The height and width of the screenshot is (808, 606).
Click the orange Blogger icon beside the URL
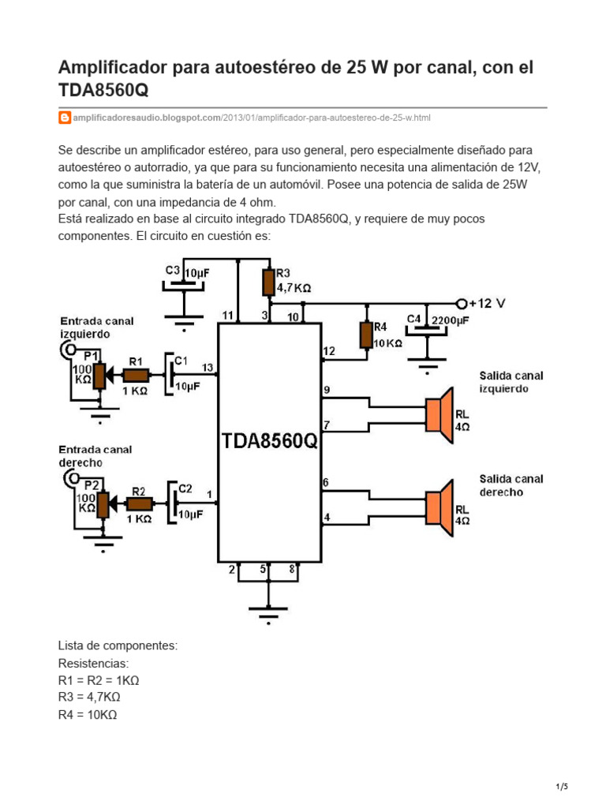point(65,118)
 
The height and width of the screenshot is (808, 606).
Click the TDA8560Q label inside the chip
point(269,440)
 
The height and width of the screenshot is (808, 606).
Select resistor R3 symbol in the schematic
point(269,281)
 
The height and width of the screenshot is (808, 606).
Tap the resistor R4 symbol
point(365,335)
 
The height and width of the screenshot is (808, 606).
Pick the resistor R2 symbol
point(139,503)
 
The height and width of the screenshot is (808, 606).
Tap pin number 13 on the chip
point(208,367)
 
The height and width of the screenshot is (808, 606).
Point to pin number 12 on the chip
point(329,350)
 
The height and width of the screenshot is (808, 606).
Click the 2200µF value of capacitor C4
point(449,320)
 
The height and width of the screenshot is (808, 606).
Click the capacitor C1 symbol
point(170,374)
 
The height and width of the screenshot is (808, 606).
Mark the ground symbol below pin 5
point(268,612)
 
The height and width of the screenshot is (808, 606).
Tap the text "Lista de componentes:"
point(118,645)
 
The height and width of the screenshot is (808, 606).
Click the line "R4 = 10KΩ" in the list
point(88,715)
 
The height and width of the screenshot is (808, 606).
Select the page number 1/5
point(562,787)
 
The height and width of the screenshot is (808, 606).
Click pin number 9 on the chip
point(326,389)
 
